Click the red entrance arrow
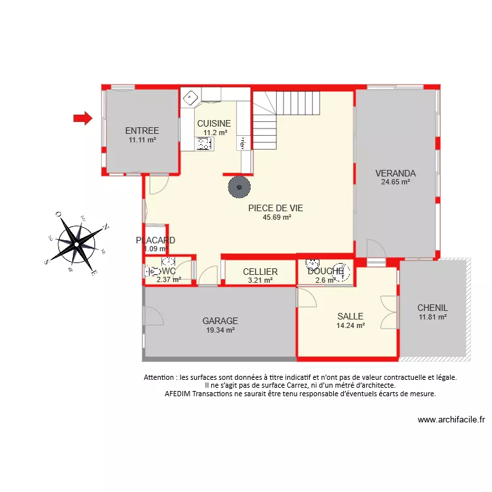(x=82, y=118)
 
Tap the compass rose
(x=77, y=243)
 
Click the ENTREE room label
(x=142, y=131)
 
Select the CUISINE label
(x=214, y=123)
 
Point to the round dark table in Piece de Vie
(x=239, y=188)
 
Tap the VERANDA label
(x=396, y=173)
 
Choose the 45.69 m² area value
(x=277, y=217)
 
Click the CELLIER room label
(x=260, y=272)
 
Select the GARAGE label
(x=220, y=321)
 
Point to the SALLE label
(x=350, y=316)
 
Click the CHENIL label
(x=432, y=308)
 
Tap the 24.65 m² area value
(x=396, y=182)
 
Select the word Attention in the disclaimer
(x=159, y=378)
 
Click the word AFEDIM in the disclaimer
(x=180, y=394)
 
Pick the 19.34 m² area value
(x=220, y=330)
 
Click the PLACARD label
(x=155, y=240)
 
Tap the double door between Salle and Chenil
(x=390, y=312)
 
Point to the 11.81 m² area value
(x=432, y=317)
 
